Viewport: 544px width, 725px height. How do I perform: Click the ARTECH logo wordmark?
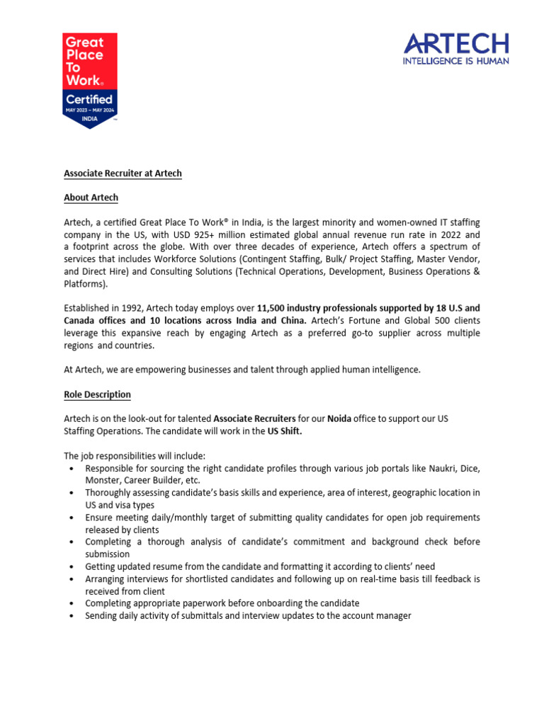tap(456, 45)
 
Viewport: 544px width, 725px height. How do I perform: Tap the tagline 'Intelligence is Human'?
tap(456, 62)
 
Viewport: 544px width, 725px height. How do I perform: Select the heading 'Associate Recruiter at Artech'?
tap(123, 173)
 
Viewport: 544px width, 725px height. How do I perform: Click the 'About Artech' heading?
tap(91, 198)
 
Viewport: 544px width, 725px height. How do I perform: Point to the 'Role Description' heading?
tap(97, 394)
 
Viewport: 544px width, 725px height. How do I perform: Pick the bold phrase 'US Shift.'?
tap(284, 431)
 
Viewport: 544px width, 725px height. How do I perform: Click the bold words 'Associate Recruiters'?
tap(254, 419)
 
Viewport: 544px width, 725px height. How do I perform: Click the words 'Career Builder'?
tap(154, 480)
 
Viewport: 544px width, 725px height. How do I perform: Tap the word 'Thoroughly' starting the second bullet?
tap(108, 493)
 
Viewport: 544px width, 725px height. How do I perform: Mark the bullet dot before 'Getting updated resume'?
tap(72, 567)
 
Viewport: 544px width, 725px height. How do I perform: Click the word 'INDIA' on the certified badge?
tap(90, 118)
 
